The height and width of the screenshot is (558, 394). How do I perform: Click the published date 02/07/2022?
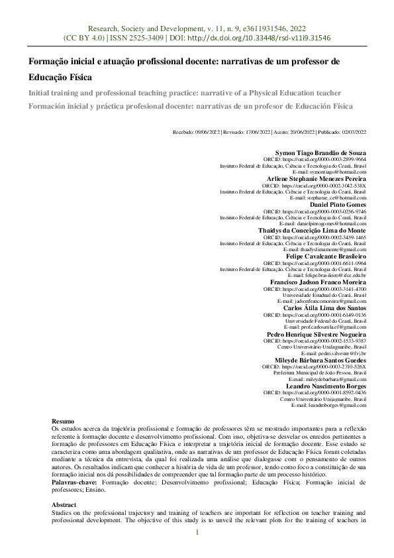352,133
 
